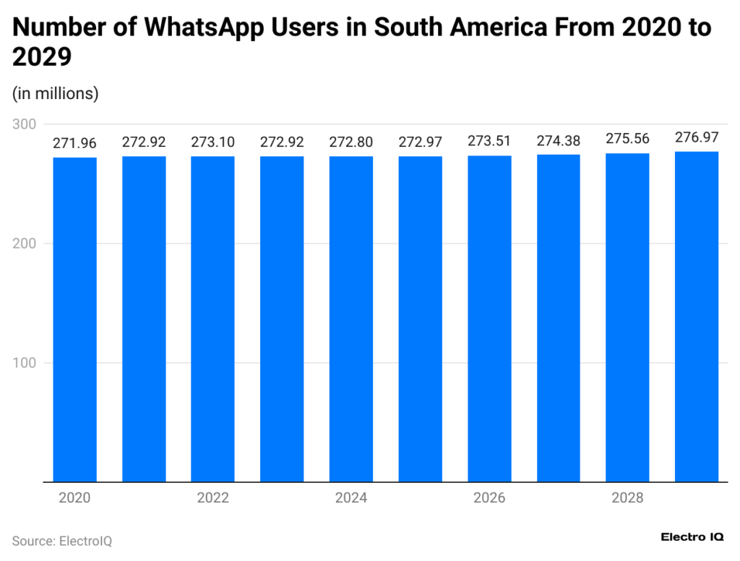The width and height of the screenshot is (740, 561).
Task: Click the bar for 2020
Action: tap(74, 319)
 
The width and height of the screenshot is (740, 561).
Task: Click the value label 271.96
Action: tap(74, 143)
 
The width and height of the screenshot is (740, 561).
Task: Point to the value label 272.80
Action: tap(351, 142)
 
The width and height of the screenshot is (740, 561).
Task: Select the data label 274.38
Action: tap(559, 141)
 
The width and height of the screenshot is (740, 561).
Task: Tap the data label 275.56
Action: tap(627, 140)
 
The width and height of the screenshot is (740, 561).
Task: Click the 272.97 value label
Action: tap(420, 142)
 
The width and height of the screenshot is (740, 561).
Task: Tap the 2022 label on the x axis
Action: tap(212, 498)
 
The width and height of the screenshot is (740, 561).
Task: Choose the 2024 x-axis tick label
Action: tap(351, 498)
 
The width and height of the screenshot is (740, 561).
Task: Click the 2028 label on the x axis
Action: tap(627, 498)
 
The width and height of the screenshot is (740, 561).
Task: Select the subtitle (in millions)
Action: tap(55, 93)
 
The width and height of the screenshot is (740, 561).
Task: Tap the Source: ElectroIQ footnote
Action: tap(61, 541)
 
